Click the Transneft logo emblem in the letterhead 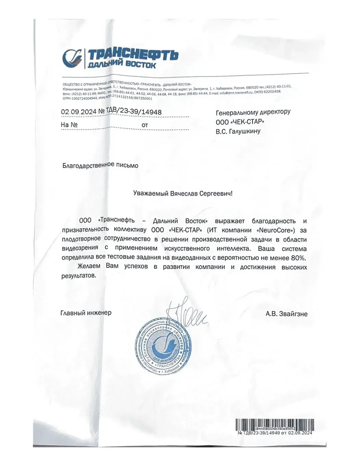(x=73, y=57)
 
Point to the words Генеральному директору (x=253, y=112)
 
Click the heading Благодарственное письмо (x=100, y=166)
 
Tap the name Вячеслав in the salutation (x=185, y=193)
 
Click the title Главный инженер (x=86, y=313)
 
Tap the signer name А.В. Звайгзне (x=286, y=314)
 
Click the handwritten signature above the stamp (x=185, y=313)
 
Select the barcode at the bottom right (x=274, y=424)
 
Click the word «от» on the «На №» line (x=145, y=125)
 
